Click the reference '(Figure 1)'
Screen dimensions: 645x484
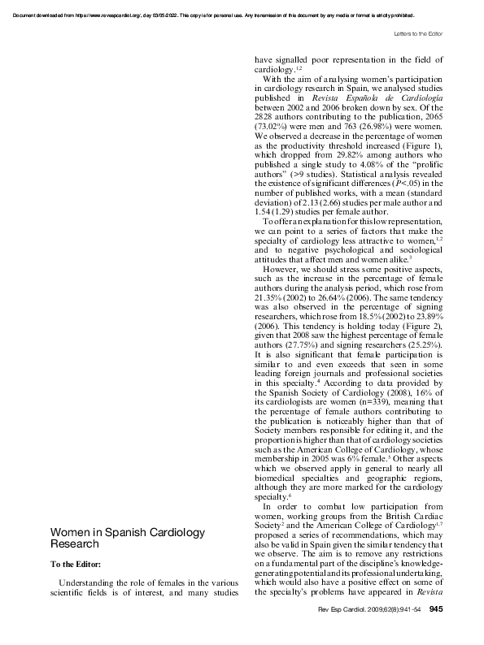point(420,145)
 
